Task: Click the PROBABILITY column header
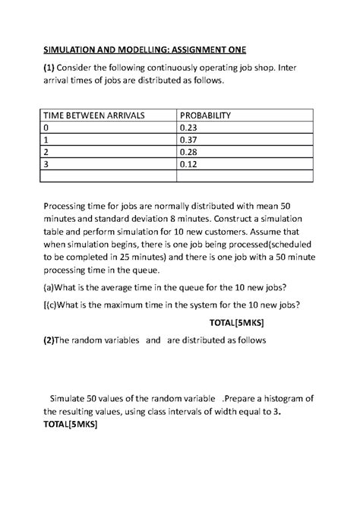tap(204, 116)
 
